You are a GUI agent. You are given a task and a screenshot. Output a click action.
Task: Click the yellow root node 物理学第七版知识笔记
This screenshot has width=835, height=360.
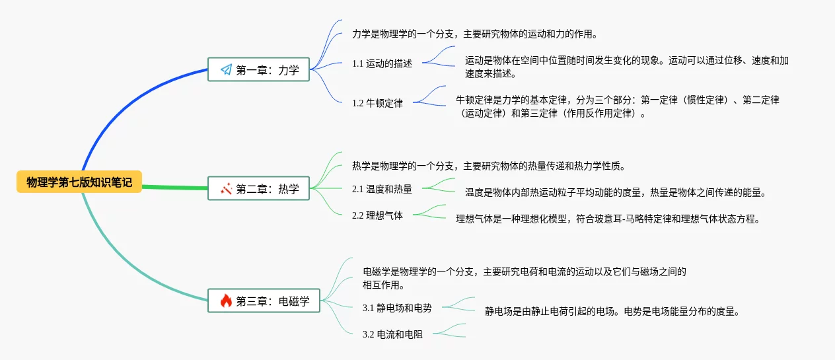click(79, 182)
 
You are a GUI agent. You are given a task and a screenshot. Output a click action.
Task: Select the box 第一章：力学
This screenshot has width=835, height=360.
click(259, 69)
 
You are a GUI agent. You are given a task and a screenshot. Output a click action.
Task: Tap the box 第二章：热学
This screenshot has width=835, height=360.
click(259, 188)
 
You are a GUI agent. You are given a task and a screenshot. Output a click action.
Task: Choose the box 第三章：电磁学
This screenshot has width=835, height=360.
click(264, 301)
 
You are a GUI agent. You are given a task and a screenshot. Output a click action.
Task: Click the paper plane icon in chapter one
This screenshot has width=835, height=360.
click(227, 69)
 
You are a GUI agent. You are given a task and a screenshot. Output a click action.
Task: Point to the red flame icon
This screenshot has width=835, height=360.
click(226, 301)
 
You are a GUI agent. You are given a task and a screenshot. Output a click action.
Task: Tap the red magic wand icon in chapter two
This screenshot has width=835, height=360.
click(227, 188)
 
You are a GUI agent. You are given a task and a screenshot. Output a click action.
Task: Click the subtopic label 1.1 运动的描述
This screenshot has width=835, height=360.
click(382, 63)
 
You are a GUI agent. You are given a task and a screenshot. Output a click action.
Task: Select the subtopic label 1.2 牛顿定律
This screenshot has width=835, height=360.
click(377, 103)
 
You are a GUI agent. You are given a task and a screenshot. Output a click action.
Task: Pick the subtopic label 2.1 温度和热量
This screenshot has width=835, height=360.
click(382, 190)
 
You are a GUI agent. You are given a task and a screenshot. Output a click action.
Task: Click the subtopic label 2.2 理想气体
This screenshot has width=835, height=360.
click(377, 215)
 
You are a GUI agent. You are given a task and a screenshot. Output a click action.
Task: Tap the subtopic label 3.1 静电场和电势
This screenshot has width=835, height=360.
click(397, 308)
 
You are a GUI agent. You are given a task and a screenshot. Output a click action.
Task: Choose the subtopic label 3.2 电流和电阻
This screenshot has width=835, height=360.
click(392, 334)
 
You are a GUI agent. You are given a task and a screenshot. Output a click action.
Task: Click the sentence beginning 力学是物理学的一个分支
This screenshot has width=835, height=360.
click(475, 34)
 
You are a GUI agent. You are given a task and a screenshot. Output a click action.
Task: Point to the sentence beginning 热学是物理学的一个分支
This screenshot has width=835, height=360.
click(489, 166)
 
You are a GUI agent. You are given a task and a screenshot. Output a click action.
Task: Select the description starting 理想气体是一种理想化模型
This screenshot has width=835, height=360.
click(608, 219)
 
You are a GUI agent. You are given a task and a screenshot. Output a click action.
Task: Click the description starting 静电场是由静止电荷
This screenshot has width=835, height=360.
click(612, 311)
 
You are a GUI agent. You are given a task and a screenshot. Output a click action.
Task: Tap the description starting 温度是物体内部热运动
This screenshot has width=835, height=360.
click(616, 192)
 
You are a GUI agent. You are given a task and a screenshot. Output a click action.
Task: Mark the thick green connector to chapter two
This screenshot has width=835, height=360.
click(175, 187)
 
